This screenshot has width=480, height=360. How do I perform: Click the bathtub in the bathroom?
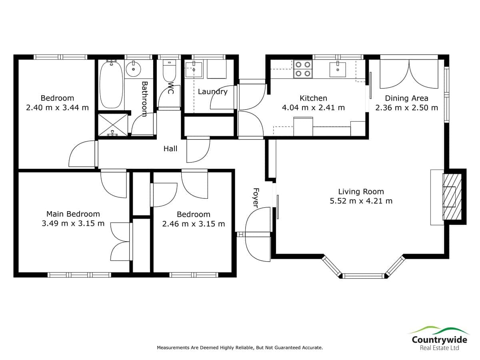[x=111, y=84]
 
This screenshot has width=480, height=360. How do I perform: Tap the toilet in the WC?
[x=169, y=70]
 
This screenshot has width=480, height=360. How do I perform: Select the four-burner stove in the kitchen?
[x=303, y=69]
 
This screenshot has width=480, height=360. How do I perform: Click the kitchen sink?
[x=338, y=70]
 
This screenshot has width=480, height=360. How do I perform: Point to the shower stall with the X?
[x=113, y=124]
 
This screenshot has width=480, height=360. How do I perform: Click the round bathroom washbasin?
[x=133, y=69]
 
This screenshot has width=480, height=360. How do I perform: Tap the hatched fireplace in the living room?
[x=452, y=197]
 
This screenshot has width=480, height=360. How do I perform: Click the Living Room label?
[x=361, y=192]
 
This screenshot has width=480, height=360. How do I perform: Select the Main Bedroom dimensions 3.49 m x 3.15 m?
[x=73, y=223]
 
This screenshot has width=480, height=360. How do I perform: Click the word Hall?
[x=170, y=149]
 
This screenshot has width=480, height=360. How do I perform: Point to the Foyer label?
[x=256, y=198]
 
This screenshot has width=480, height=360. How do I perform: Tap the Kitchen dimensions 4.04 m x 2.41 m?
[x=313, y=108]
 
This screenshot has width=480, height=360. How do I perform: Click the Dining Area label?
[x=406, y=98]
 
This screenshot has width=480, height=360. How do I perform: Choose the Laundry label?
[x=212, y=92]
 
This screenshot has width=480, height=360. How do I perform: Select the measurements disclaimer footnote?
[x=240, y=347]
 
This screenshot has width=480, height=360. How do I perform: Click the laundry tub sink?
[x=194, y=69]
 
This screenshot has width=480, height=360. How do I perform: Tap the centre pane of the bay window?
[x=363, y=276]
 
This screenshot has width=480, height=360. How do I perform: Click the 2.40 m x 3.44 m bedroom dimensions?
[x=57, y=108]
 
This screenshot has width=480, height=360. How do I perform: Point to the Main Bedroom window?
[x=79, y=275]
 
